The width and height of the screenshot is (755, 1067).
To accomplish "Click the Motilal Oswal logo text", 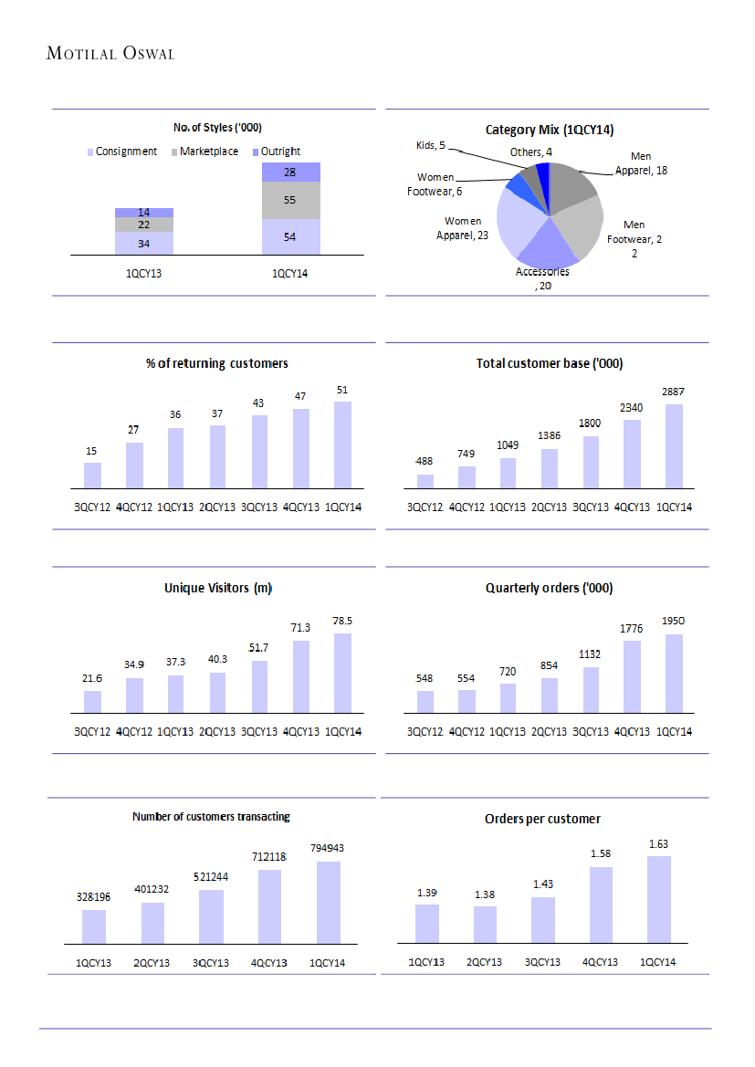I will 110,54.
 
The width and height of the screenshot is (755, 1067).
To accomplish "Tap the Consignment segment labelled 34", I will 144,243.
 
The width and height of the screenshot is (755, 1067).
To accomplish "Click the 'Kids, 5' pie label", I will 430,145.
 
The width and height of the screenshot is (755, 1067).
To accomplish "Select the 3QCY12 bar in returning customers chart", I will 92,476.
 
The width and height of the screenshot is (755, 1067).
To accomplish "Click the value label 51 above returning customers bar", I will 342,390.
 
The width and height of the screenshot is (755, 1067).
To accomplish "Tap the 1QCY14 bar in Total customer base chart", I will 674,446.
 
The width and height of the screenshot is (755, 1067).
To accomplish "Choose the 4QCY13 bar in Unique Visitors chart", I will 300,675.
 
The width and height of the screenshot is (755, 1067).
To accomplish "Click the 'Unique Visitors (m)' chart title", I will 218,589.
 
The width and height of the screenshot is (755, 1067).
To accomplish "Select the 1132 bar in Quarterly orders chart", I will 591,689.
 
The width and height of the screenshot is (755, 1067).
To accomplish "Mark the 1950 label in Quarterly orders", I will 674,621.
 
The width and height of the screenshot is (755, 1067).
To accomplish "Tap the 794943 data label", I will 326,848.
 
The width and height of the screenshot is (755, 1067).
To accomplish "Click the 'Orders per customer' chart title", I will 542,819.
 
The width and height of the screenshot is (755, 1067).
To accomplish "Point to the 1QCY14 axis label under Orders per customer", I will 658,962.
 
